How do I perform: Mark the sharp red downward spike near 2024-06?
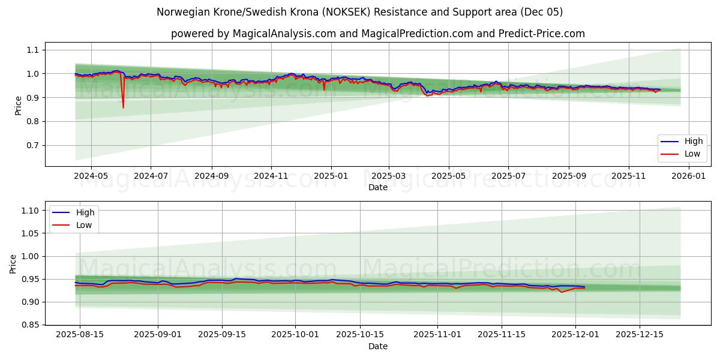point(123,107)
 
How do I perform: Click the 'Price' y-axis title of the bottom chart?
point(13,263)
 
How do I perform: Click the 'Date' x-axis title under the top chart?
point(377,187)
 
